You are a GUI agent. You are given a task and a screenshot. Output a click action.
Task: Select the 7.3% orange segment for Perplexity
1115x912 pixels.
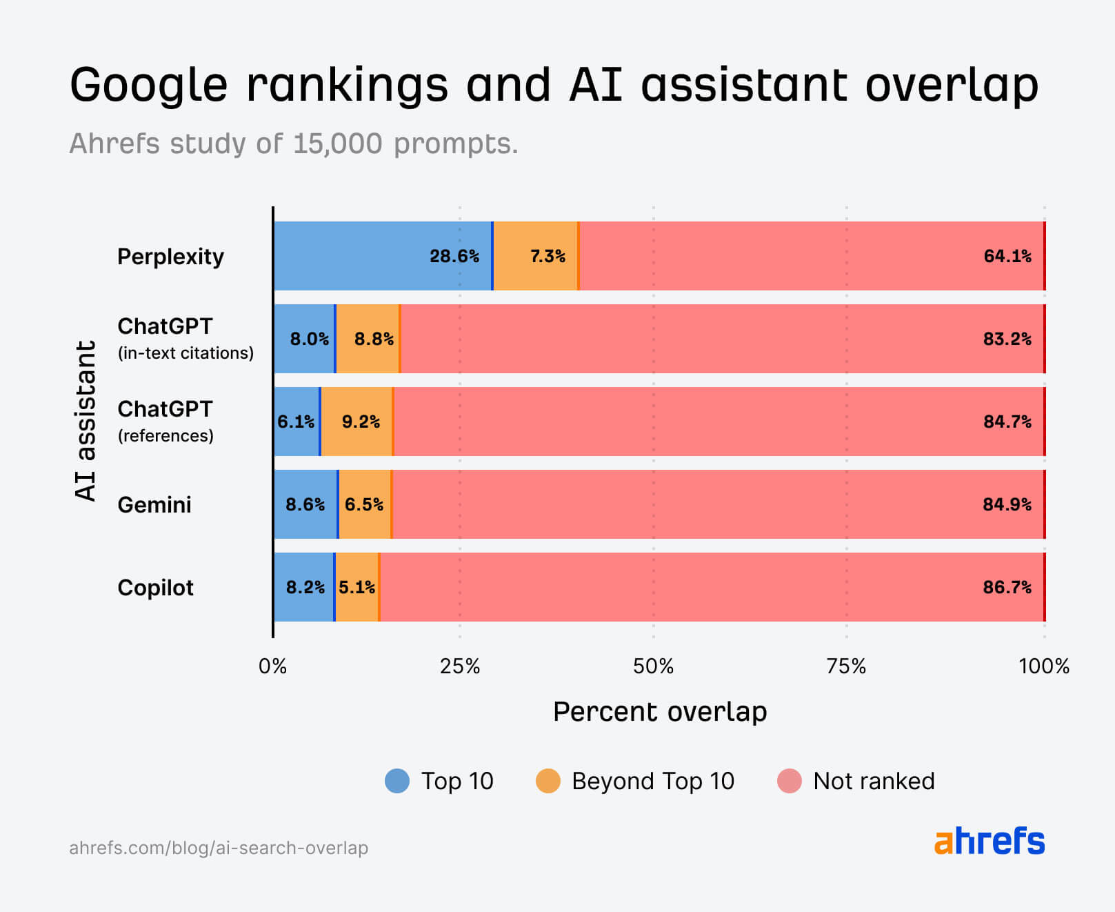pos(536,256)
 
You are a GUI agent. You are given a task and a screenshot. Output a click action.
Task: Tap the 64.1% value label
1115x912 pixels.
pos(1007,256)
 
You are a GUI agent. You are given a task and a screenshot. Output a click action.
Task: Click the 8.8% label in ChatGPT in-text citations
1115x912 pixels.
pos(374,339)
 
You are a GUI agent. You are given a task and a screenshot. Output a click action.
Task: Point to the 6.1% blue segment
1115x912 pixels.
pos(297,422)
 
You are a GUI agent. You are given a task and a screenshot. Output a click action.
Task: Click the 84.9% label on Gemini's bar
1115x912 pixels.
pos(1007,504)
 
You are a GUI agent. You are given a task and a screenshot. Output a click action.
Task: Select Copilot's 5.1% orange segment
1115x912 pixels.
pos(357,587)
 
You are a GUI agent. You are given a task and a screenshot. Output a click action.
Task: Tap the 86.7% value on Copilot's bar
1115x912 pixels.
pos(1007,587)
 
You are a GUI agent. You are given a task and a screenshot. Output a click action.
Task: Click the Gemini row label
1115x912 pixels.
pos(154,505)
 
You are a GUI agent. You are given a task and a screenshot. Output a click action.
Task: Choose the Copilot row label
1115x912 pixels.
pos(156,588)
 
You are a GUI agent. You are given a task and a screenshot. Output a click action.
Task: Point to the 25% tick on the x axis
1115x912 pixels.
pos(460,666)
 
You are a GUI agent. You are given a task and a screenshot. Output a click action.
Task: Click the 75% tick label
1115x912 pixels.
pos(846,666)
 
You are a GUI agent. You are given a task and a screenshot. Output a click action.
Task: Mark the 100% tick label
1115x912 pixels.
pos(1043,666)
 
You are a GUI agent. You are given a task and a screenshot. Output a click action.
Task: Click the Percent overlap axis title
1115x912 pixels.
pos(660,712)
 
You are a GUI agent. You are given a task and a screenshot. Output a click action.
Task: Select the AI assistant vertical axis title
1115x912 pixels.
pos(86,421)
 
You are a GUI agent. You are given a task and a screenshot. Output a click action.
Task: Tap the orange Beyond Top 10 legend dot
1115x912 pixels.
pos(548,781)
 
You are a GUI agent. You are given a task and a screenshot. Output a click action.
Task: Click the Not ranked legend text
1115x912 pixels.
pos(874,781)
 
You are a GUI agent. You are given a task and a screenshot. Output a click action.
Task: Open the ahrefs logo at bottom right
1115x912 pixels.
pos(990,841)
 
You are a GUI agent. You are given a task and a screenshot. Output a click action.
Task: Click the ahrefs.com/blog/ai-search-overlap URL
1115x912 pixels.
pos(219,848)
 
